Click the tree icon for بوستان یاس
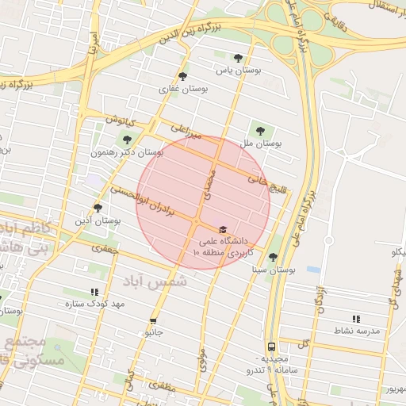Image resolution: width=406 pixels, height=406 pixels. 239,58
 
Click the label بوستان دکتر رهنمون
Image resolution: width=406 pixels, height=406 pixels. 127,151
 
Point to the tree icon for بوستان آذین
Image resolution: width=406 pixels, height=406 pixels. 98,208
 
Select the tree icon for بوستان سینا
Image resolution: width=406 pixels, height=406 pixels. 274,257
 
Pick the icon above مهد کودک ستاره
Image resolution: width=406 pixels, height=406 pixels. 95,292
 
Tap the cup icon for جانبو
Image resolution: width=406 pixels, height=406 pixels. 153,321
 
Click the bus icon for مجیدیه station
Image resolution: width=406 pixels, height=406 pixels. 272,347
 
